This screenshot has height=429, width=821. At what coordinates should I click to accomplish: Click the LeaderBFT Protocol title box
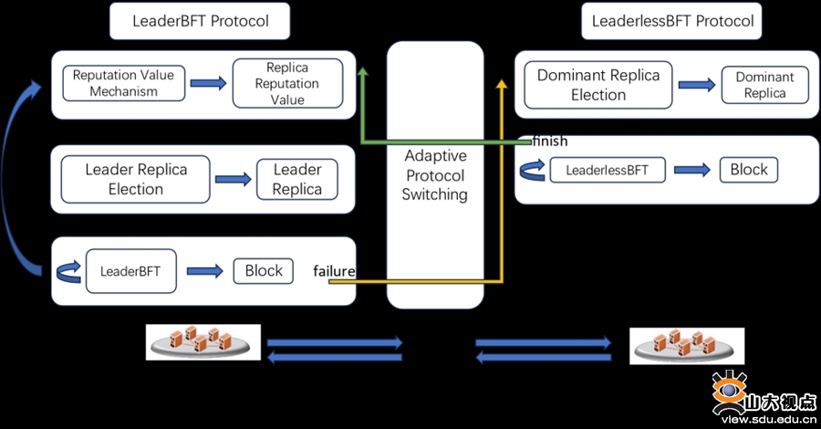(200, 21)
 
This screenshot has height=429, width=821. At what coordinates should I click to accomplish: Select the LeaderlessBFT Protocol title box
(671, 21)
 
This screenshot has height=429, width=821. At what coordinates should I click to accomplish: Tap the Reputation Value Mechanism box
(123, 83)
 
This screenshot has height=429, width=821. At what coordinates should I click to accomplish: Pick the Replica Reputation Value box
(287, 83)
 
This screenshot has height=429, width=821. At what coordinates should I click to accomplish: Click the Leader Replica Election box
(136, 179)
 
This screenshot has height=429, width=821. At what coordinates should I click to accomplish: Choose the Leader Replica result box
(296, 179)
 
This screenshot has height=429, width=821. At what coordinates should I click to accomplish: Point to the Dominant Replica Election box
(598, 85)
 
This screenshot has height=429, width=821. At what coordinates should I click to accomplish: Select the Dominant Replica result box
(764, 85)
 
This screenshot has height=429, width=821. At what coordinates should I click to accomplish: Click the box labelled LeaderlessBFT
(608, 170)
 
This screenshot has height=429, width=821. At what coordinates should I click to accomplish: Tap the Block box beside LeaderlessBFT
(749, 170)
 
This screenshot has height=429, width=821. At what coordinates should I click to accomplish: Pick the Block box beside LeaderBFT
(264, 271)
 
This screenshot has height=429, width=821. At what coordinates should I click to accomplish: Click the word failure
(334, 271)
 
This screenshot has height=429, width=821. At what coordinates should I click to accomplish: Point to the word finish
(550, 141)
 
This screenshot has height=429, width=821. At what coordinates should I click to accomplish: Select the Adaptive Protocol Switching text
(434, 175)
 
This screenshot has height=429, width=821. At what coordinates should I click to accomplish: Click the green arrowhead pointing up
(362, 72)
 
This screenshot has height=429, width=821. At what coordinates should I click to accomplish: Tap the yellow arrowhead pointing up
(502, 83)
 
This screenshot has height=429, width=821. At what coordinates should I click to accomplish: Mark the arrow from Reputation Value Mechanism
(208, 83)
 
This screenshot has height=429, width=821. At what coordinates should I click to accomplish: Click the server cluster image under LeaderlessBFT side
(686, 346)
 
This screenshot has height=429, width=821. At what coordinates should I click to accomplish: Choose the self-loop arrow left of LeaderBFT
(68, 272)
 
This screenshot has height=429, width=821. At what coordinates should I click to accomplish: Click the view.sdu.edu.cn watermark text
(769, 420)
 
